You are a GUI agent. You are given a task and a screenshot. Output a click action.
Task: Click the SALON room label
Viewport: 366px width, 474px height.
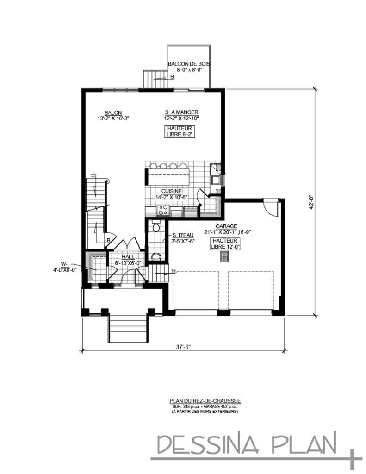(x=113, y=112)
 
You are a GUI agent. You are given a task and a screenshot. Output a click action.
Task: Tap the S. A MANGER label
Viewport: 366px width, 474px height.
(x=181, y=112)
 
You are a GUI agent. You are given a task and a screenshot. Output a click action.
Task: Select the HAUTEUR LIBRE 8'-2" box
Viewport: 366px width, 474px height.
(x=181, y=131)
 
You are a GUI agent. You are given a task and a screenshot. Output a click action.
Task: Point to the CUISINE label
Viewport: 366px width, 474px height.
(x=171, y=191)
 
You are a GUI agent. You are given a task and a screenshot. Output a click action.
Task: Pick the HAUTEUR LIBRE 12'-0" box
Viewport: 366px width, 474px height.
(x=224, y=244)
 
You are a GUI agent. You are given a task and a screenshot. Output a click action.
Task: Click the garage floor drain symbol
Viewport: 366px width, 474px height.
(x=224, y=257)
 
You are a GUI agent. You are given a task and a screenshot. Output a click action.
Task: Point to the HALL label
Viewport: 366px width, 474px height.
(x=128, y=257)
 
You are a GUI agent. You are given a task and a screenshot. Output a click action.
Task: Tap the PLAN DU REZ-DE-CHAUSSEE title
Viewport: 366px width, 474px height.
(x=205, y=401)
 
